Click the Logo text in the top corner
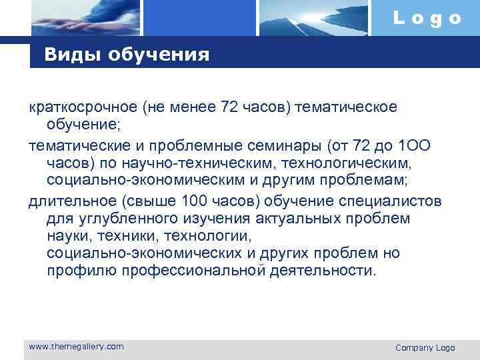click(x=427, y=18)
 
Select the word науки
click(x=68, y=237)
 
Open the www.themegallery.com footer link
click(x=76, y=347)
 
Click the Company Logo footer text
click(x=425, y=347)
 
